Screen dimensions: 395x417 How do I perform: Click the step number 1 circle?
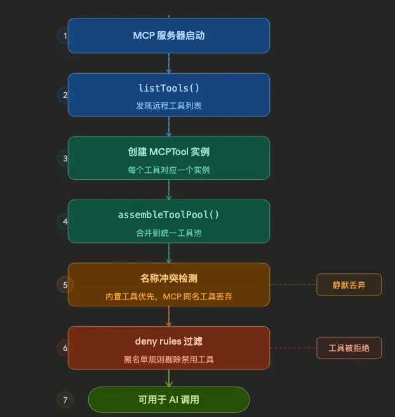pyautogui.click(x=65, y=36)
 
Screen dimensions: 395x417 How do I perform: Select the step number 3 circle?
pyautogui.click(x=65, y=158)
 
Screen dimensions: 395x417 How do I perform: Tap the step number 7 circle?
pyautogui.click(x=65, y=400)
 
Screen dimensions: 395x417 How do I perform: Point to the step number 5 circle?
pyautogui.click(x=65, y=285)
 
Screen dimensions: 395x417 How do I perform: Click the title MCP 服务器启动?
pyautogui.click(x=169, y=36)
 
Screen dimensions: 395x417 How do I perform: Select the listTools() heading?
pyautogui.click(x=169, y=88)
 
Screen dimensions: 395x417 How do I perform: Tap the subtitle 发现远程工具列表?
pyautogui.click(x=169, y=106)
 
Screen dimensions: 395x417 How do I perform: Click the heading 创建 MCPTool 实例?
pyautogui.click(x=169, y=152)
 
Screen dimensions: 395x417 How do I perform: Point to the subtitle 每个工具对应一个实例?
pyautogui.click(x=169, y=170)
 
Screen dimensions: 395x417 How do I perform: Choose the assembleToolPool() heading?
pyautogui.click(x=169, y=215)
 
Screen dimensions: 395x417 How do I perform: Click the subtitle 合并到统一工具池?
pyautogui.click(x=169, y=233)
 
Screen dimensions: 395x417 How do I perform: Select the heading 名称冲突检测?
pyautogui.click(x=169, y=278)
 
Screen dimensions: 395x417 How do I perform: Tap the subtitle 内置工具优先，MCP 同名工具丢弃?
pyautogui.click(x=169, y=296)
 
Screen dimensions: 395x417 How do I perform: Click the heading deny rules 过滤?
pyautogui.click(x=169, y=341)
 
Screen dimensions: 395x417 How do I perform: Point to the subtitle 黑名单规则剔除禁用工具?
pyautogui.click(x=169, y=359)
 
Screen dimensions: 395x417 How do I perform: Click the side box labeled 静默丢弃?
pyautogui.click(x=349, y=285)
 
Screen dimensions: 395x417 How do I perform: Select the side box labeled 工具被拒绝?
pyautogui.click(x=349, y=348)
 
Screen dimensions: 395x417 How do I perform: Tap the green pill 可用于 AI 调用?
pyautogui.click(x=169, y=400)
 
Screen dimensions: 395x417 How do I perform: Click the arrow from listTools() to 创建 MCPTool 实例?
pyautogui.click(x=169, y=126)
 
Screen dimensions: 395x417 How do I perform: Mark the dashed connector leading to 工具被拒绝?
pyautogui.click(x=293, y=348)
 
